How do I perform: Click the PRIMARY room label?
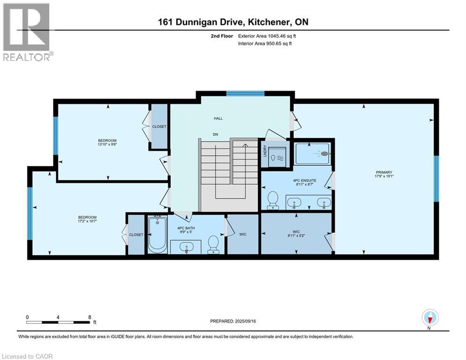click(384, 172)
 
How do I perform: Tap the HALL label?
click(218, 119)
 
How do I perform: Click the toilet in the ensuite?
click(272, 201)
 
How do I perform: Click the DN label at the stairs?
click(215, 134)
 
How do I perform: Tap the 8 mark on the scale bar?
click(89, 316)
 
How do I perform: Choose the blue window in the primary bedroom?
click(436, 179)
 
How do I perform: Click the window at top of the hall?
click(245, 93)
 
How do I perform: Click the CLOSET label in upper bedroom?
click(159, 127)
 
